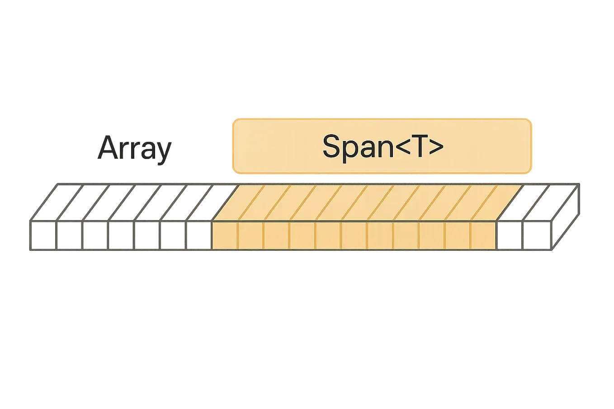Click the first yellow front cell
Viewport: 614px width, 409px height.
pos(225,235)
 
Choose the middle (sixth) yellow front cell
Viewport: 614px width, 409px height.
pos(354,235)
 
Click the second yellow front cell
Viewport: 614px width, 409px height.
pos(250,235)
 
